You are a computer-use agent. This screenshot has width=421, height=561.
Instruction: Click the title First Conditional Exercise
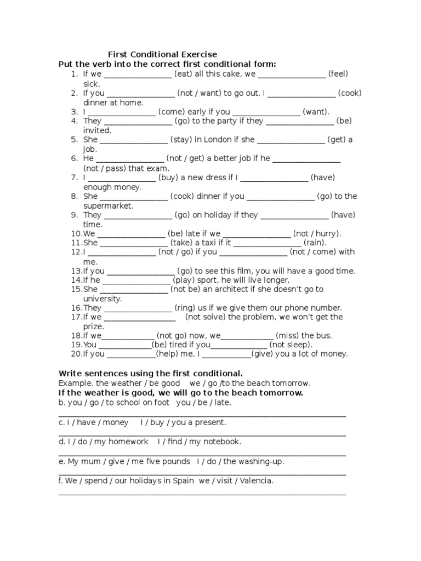click(162, 54)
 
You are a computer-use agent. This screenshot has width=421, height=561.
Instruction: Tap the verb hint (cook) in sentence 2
click(350, 93)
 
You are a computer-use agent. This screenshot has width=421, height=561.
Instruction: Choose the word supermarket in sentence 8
click(108, 205)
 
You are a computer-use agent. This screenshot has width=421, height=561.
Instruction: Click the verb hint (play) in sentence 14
click(185, 280)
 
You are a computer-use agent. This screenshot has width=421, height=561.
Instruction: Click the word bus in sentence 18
click(325, 335)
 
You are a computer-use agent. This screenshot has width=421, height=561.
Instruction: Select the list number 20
click(76, 354)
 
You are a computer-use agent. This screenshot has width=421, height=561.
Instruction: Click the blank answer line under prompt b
click(202, 416)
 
